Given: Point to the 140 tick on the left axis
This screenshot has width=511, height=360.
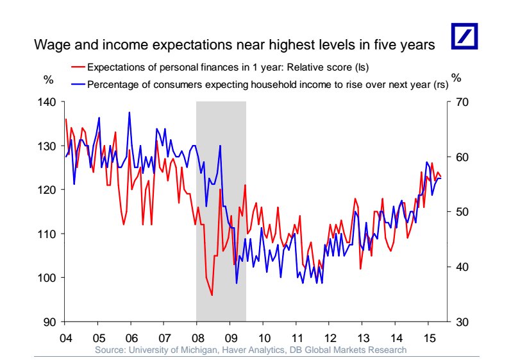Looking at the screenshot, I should point(49,102).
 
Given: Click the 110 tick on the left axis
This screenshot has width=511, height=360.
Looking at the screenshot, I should point(49,234).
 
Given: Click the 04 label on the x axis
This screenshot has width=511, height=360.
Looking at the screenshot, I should point(65,338).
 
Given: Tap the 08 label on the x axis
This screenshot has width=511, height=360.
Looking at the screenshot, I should point(197,338).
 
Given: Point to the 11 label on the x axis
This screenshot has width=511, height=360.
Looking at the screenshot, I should point(296,338).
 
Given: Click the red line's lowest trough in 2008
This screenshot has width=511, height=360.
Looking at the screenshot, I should point(212,295).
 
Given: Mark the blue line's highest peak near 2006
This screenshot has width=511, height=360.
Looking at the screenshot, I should point(130,113).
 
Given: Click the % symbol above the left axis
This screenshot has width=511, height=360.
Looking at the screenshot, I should point(47,79).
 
